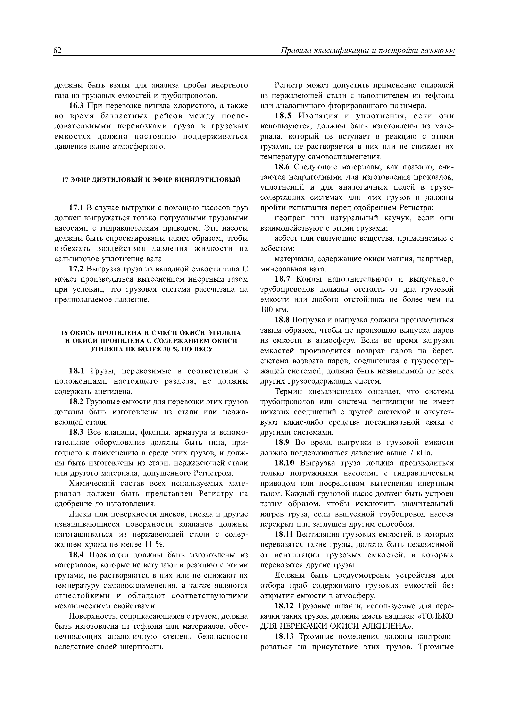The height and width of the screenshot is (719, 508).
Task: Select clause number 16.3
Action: tap(76, 106)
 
